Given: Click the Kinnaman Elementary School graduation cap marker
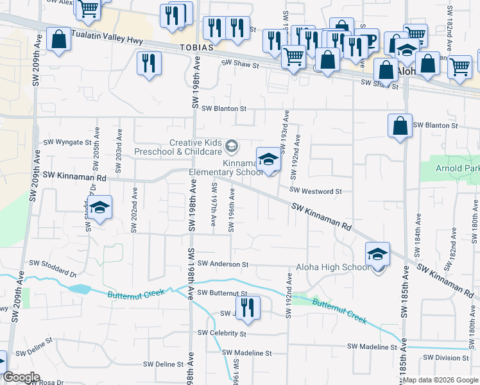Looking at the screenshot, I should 268,160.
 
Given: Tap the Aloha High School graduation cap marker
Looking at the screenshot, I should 378,254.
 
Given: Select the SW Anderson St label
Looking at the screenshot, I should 223,264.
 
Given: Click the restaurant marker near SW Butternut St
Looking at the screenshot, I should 246,306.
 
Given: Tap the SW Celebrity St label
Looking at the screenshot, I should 222,333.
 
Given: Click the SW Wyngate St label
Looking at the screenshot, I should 67,142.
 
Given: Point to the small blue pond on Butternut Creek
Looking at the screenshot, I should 79,289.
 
